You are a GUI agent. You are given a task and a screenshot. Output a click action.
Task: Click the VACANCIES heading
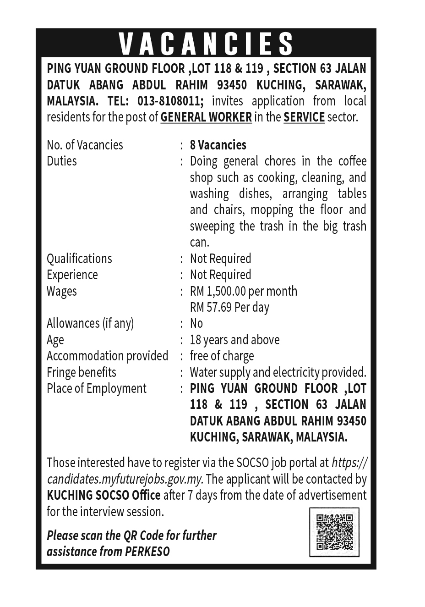pyautogui.click(x=206, y=44)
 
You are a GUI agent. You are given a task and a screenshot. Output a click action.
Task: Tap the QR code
pyautogui.click(x=334, y=532)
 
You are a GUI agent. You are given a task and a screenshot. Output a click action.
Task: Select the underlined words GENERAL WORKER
pyautogui.click(x=206, y=117)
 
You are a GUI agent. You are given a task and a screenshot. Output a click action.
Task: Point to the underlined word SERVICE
pyautogui.click(x=304, y=117)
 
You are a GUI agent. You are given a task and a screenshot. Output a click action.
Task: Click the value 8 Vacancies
pyautogui.click(x=218, y=145)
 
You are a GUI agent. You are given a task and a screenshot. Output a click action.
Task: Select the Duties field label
pyautogui.click(x=62, y=161)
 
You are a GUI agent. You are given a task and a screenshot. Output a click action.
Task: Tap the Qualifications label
pyautogui.click(x=79, y=259)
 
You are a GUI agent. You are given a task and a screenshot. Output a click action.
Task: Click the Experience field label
pyautogui.click(x=72, y=275)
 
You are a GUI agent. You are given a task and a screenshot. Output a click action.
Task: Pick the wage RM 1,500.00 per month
pyautogui.click(x=244, y=291)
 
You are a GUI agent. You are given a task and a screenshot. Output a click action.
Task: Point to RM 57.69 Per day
pyautogui.click(x=229, y=307)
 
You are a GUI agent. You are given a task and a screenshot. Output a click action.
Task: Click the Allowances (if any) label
pyautogui.click(x=90, y=323)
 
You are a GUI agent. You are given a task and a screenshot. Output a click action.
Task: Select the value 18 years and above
pyautogui.click(x=234, y=340)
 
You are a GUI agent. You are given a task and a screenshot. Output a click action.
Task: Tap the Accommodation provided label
pyautogui.click(x=108, y=356)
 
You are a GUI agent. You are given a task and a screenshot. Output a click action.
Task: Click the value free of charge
pyautogui.click(x=222, y=356)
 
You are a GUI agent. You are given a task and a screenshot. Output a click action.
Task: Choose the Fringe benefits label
pyautogui.click(x=82, y=372)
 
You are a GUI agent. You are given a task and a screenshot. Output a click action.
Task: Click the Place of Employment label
pyautogui.click(x=97, y=388)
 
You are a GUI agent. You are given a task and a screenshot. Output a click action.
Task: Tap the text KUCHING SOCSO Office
pyautogui.click(x=104, y=495)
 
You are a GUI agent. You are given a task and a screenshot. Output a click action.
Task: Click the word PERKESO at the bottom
pyautogui.click(x=147, y=551)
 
